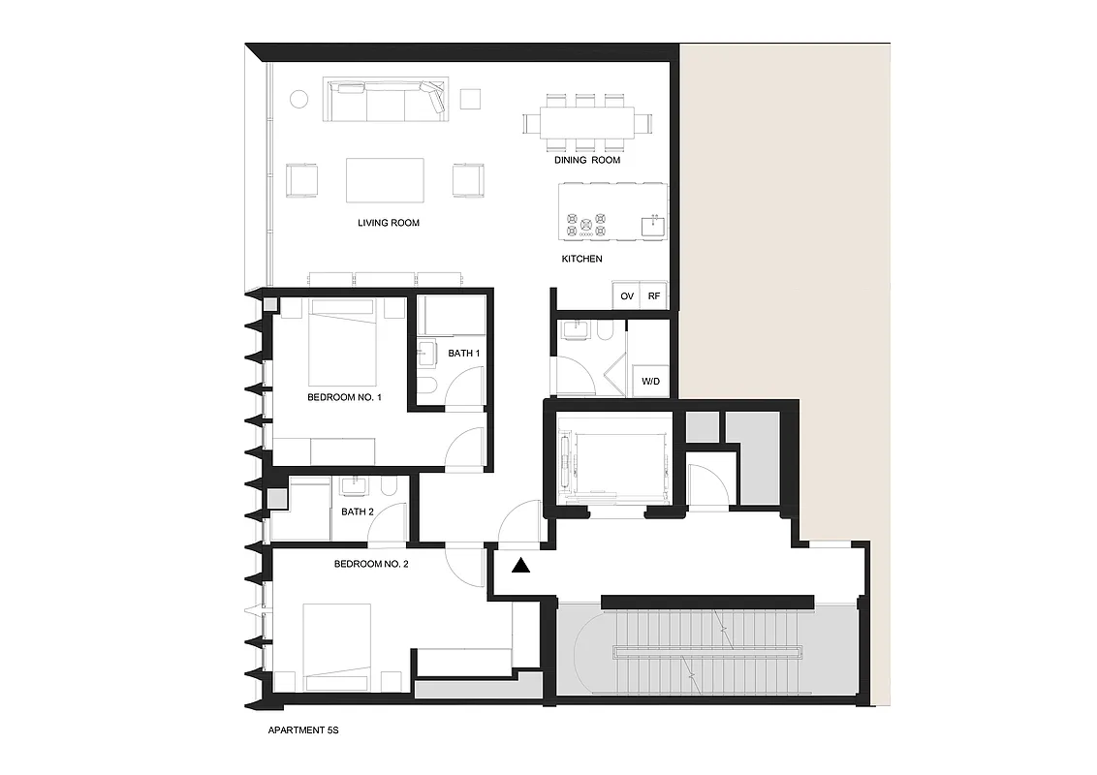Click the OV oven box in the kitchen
pyautogui.click(x=626, y=295)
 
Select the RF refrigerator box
pyautogui.click(x=654, y=295)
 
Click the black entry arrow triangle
pyautogui.click(x=521, y=566)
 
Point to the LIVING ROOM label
pyautogui.click(x=389, y=223)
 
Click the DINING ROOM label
pyautogui.click(x=586, y=160)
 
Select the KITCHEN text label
pyautogui.click(x=582, y=259)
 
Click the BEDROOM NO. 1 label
pyautogui.click(x=345, y=397)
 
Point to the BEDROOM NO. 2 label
pyautogui.click(x=370, y=564)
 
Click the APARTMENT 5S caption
pyautogui.click(x=302, y=731)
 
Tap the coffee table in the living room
pyautogui.click(x=385, y=179)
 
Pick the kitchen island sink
pyautogui.click(x=652, y=227)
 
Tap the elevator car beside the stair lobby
pyautogui.click(x=611, y=462)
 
